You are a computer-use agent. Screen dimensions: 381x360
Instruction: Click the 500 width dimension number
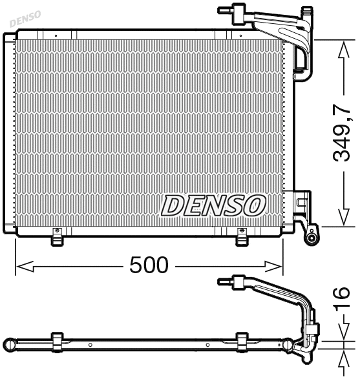(x=149, y=265)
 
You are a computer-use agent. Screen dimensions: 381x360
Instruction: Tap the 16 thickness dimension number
(x=342, y=298)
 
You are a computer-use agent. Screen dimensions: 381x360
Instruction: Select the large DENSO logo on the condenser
(x=214, y=205)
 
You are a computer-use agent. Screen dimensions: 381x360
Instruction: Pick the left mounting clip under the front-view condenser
(x=57, y=237)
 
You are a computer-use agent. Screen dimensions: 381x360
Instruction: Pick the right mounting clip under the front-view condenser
(x=241, y=237)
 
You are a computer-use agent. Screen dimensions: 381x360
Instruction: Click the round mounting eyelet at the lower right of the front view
(x=313, y=237)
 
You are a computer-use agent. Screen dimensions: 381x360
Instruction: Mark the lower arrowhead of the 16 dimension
(x=342, y=355)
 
